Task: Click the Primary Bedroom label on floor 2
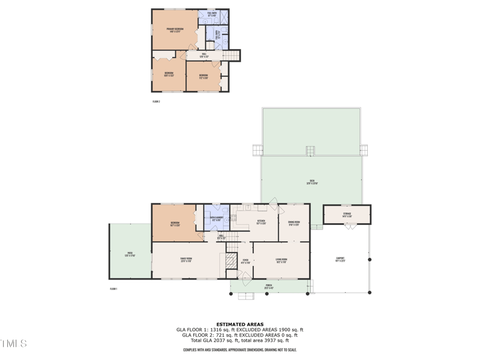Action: (174, 30)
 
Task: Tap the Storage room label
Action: (347, 214)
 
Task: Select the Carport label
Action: (340, 259)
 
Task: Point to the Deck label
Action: (312, 183)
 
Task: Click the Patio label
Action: (129, 255)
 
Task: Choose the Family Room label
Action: (186, 260)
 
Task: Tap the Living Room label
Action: (281, 260)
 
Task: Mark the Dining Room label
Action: (294, 223)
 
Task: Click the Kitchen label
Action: (261, 222)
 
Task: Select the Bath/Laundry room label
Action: (217, 218)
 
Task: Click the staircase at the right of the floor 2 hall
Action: (233, 55)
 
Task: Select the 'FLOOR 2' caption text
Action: (155, 102)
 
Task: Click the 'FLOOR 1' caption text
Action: (113, 289)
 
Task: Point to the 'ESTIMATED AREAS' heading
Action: (240, 324)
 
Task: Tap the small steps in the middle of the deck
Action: (310, 151)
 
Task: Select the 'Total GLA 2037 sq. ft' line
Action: (240, 340)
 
